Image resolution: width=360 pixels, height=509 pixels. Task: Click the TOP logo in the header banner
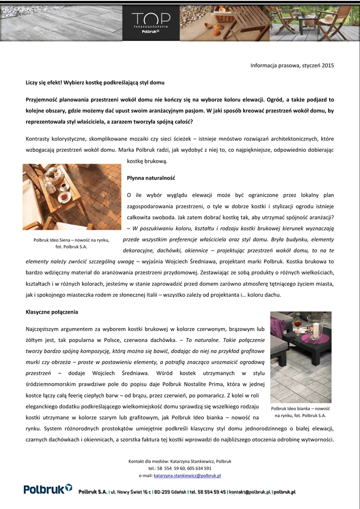151,19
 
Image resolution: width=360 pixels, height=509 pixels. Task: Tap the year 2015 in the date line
328,65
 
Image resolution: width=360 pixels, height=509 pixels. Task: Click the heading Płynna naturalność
151,177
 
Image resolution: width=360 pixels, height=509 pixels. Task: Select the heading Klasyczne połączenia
52,312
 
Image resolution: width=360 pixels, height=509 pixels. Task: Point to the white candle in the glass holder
315,328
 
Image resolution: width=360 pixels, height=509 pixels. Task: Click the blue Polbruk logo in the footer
48,490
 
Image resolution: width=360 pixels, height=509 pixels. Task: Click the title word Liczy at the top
33,82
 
